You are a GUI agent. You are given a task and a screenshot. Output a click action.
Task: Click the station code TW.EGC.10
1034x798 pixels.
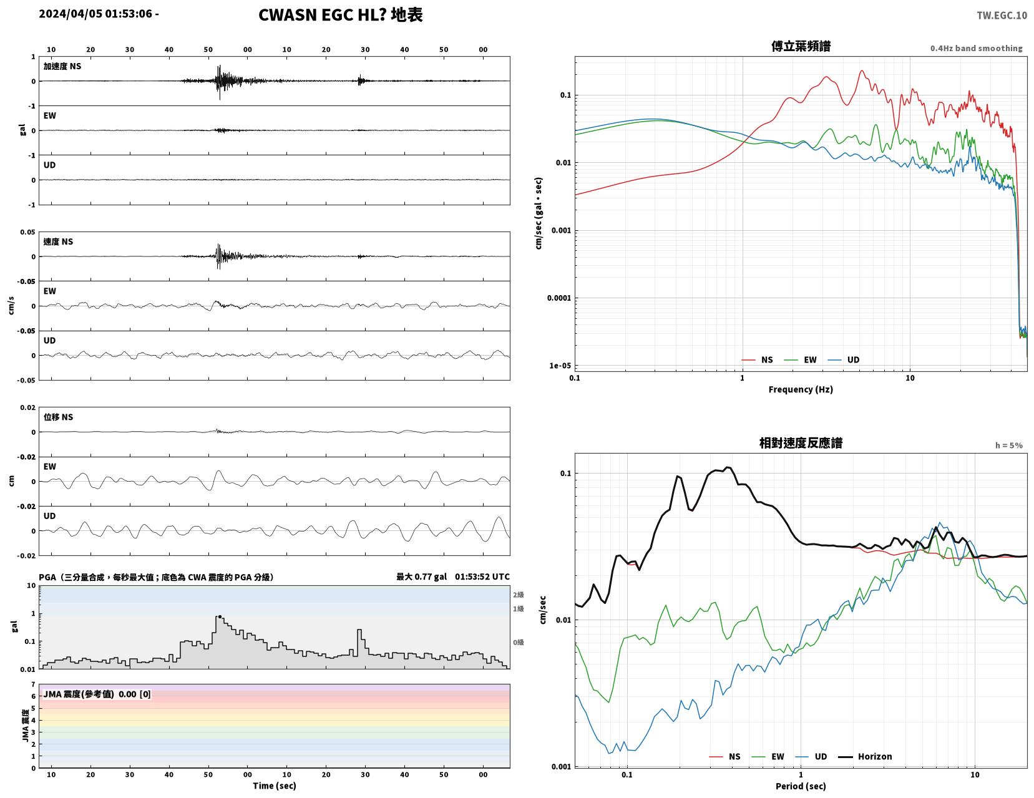tap(1002, 15)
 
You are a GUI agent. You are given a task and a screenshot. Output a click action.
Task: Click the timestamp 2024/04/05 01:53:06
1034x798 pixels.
tap(95, 14)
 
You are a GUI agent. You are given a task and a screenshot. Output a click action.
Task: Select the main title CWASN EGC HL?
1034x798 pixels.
tap(321, 15)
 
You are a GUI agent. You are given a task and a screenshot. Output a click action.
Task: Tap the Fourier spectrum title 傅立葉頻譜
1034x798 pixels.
tap(801, 46)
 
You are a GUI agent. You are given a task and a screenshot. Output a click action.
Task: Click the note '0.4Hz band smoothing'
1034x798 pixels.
tap(976, 48)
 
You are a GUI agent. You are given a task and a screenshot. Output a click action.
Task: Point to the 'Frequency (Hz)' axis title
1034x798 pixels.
tap(801, 389)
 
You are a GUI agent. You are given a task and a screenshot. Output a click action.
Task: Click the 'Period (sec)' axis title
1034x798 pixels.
tap(801, 786)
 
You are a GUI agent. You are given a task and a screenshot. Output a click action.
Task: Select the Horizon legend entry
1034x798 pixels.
tap(865, 756)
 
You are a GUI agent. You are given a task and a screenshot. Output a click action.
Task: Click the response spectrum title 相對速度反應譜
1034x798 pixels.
tap(801, 443)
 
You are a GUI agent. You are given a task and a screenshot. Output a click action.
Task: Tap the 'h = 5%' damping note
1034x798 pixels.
tap(1009, 445)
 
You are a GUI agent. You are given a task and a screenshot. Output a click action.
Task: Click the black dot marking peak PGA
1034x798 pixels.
tap(220, 617)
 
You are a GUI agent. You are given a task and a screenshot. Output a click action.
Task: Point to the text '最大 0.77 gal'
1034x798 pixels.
tap(422, 577)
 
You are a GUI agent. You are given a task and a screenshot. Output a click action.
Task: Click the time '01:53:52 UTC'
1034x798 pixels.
tap(482, 577)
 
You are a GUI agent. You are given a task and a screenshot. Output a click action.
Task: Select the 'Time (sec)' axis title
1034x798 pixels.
tap(274, 786)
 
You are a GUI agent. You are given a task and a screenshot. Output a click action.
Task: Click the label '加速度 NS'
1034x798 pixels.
tap(62, 66)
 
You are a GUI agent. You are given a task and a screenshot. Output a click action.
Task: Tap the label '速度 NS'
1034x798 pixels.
tap(58, 241)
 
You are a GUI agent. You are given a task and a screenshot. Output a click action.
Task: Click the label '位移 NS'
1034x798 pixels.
tap(58, 417)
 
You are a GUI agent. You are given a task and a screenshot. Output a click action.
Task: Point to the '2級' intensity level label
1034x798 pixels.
tap(518, 595)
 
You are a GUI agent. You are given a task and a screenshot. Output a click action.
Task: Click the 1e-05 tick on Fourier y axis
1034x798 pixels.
tap(560, 366)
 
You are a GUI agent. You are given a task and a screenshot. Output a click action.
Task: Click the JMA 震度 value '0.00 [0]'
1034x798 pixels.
tap(135, 694)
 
